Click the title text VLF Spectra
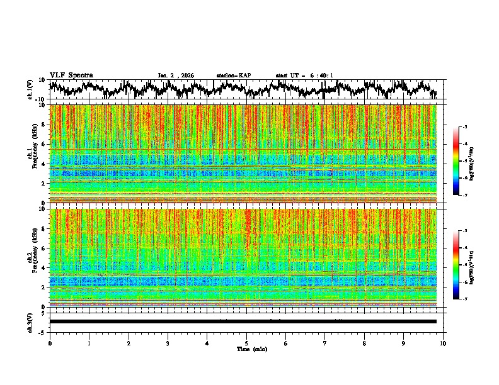pos(71,75)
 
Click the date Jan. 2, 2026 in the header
pos(176,75)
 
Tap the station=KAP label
pos(234,75)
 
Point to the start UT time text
pos(304,75)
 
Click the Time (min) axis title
pos(251,349)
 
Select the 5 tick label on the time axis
pos(246,343)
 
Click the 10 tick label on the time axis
pos(443,343)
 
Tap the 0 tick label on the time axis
pos(50,343)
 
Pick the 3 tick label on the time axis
pos(168,343)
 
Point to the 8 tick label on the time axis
pos(364,343)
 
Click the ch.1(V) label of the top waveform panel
pos(30,89)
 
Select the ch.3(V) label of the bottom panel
pos(30,321)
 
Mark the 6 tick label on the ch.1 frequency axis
pos(43,144)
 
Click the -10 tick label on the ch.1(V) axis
pos(40,99)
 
